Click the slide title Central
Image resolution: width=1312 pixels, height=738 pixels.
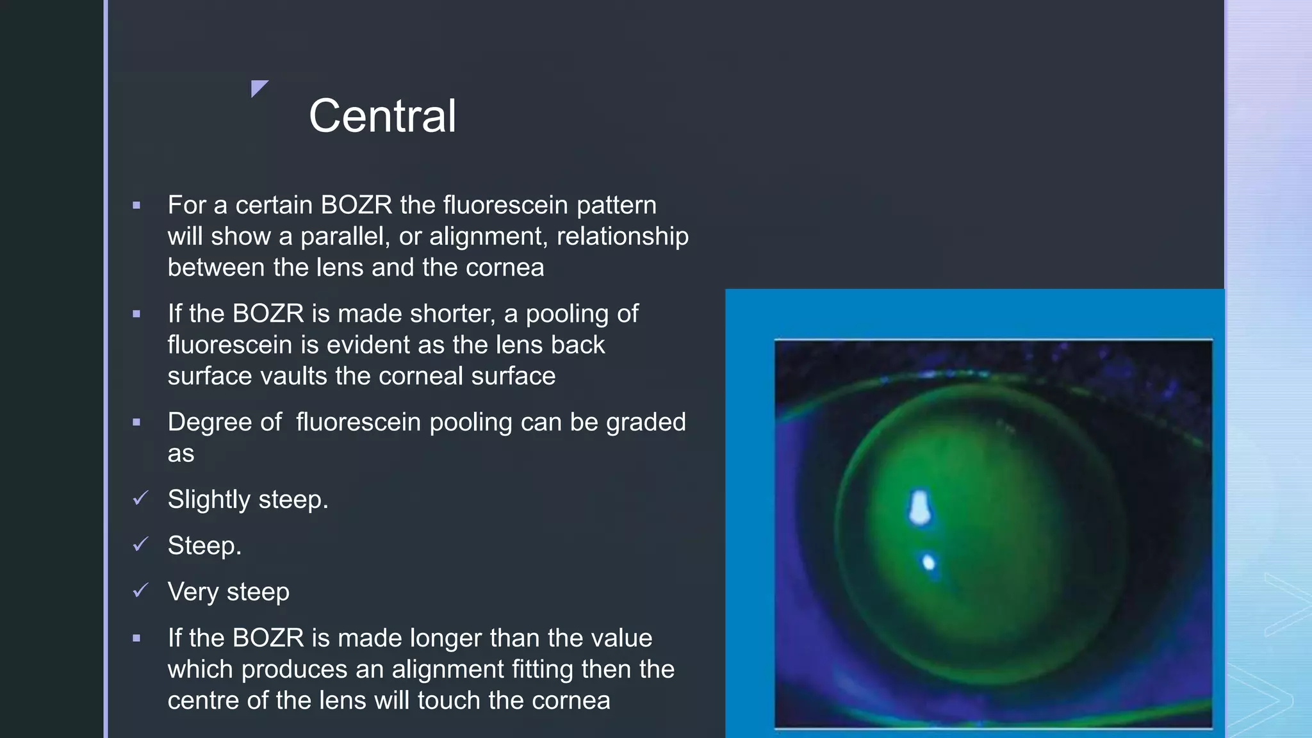[382, 116]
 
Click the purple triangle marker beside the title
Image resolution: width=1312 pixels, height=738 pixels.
[258, 87]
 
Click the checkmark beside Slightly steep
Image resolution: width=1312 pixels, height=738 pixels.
[140, 498]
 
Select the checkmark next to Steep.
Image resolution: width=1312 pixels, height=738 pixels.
[140, 545]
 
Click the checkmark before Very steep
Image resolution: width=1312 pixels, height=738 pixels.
[140, 591]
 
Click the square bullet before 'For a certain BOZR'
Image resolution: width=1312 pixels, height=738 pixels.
[136, 206]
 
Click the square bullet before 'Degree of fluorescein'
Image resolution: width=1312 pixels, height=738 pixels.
[136, 423]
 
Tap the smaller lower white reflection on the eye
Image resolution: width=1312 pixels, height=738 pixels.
[928, 563]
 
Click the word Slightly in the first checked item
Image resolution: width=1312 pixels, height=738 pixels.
[209, 500]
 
